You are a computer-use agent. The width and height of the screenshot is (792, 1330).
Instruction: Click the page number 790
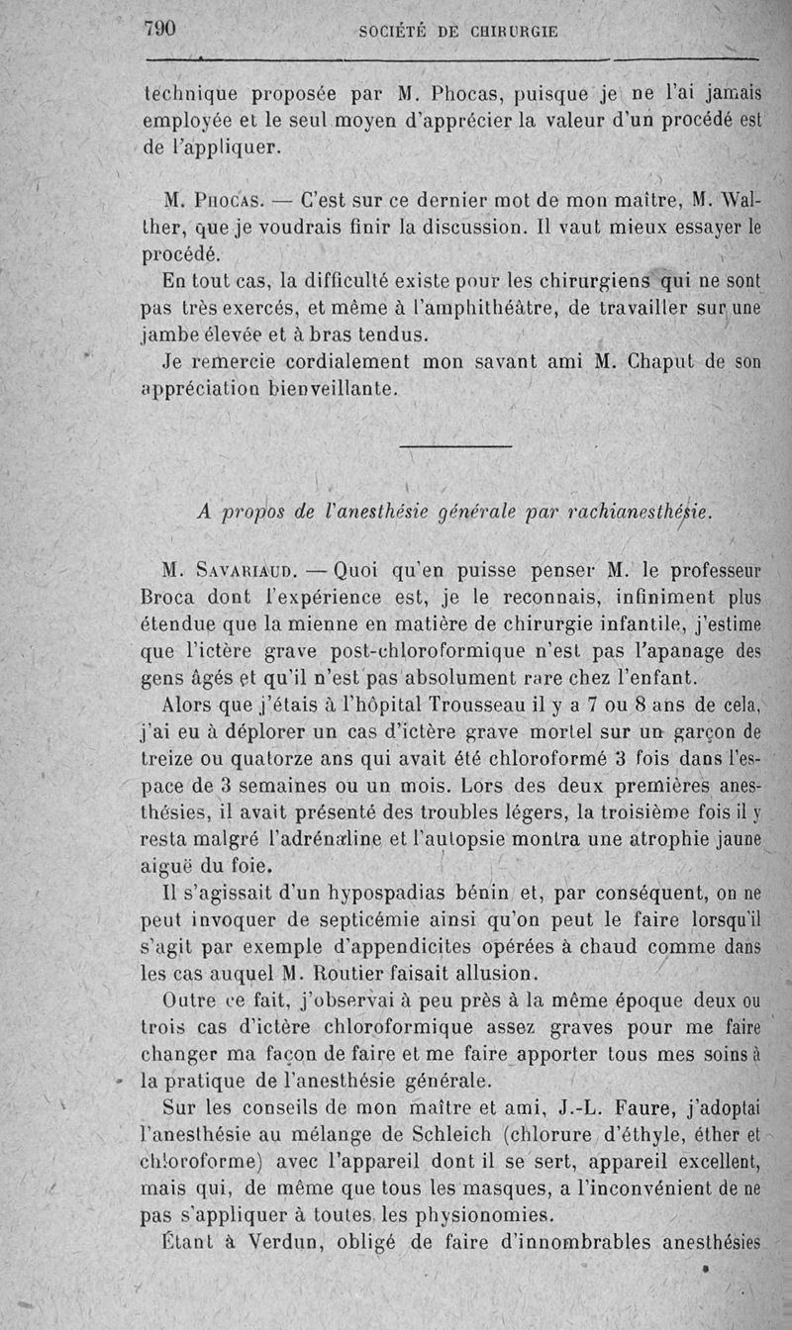tap(159, 29)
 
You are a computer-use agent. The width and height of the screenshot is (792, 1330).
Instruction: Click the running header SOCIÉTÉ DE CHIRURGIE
tap(458, 32)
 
